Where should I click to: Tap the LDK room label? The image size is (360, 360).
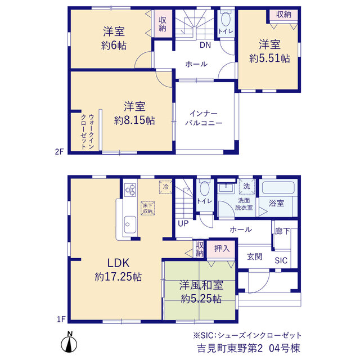[x=119, y=263]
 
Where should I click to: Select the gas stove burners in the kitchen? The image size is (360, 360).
[x=130, y=190]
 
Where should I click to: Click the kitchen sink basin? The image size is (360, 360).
[x=130, y=224]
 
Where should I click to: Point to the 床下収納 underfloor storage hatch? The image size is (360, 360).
[x=148, y=208]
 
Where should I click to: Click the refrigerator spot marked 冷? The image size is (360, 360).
[x=165, y=187]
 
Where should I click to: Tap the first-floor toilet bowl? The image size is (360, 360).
[x=204, y=188]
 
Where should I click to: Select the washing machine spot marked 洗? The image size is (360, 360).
[x=247, y=186]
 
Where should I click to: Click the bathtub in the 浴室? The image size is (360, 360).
[x=278, y=187]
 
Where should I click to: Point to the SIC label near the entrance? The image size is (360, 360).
[x=281, y=260]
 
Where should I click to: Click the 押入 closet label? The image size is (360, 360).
[x=222, y=249]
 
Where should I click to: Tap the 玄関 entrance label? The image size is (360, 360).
[x=255, y=256]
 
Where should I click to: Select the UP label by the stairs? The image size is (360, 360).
[x=183, y=223]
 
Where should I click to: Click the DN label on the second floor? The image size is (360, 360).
[x=205, y=45]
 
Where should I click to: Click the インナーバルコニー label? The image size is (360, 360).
[x=204, y=118]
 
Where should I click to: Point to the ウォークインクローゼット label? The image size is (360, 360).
[x=88, y=132]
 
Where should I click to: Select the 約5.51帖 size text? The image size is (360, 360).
[x=269, y=58]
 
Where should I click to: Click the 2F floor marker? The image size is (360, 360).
[x=59, y=152]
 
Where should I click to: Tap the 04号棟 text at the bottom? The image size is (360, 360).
[x=285, y=348]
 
